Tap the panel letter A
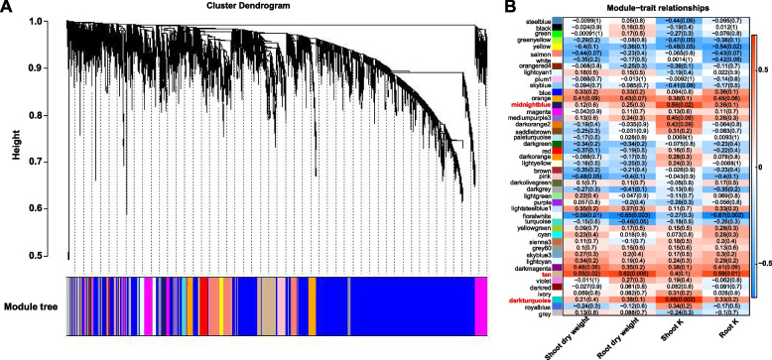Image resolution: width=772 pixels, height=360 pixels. pyautogui.click(x=8, y=8)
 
